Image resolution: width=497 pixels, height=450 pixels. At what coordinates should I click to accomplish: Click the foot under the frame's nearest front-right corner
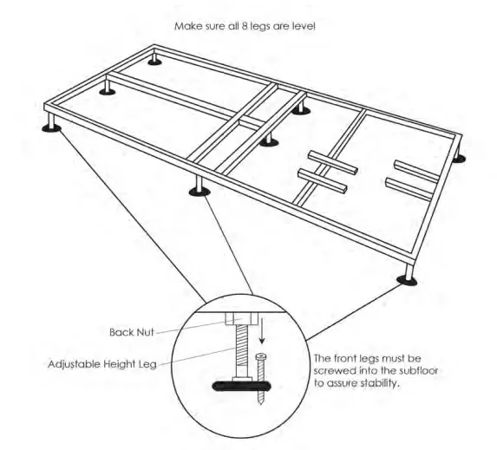pos(406,278)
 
